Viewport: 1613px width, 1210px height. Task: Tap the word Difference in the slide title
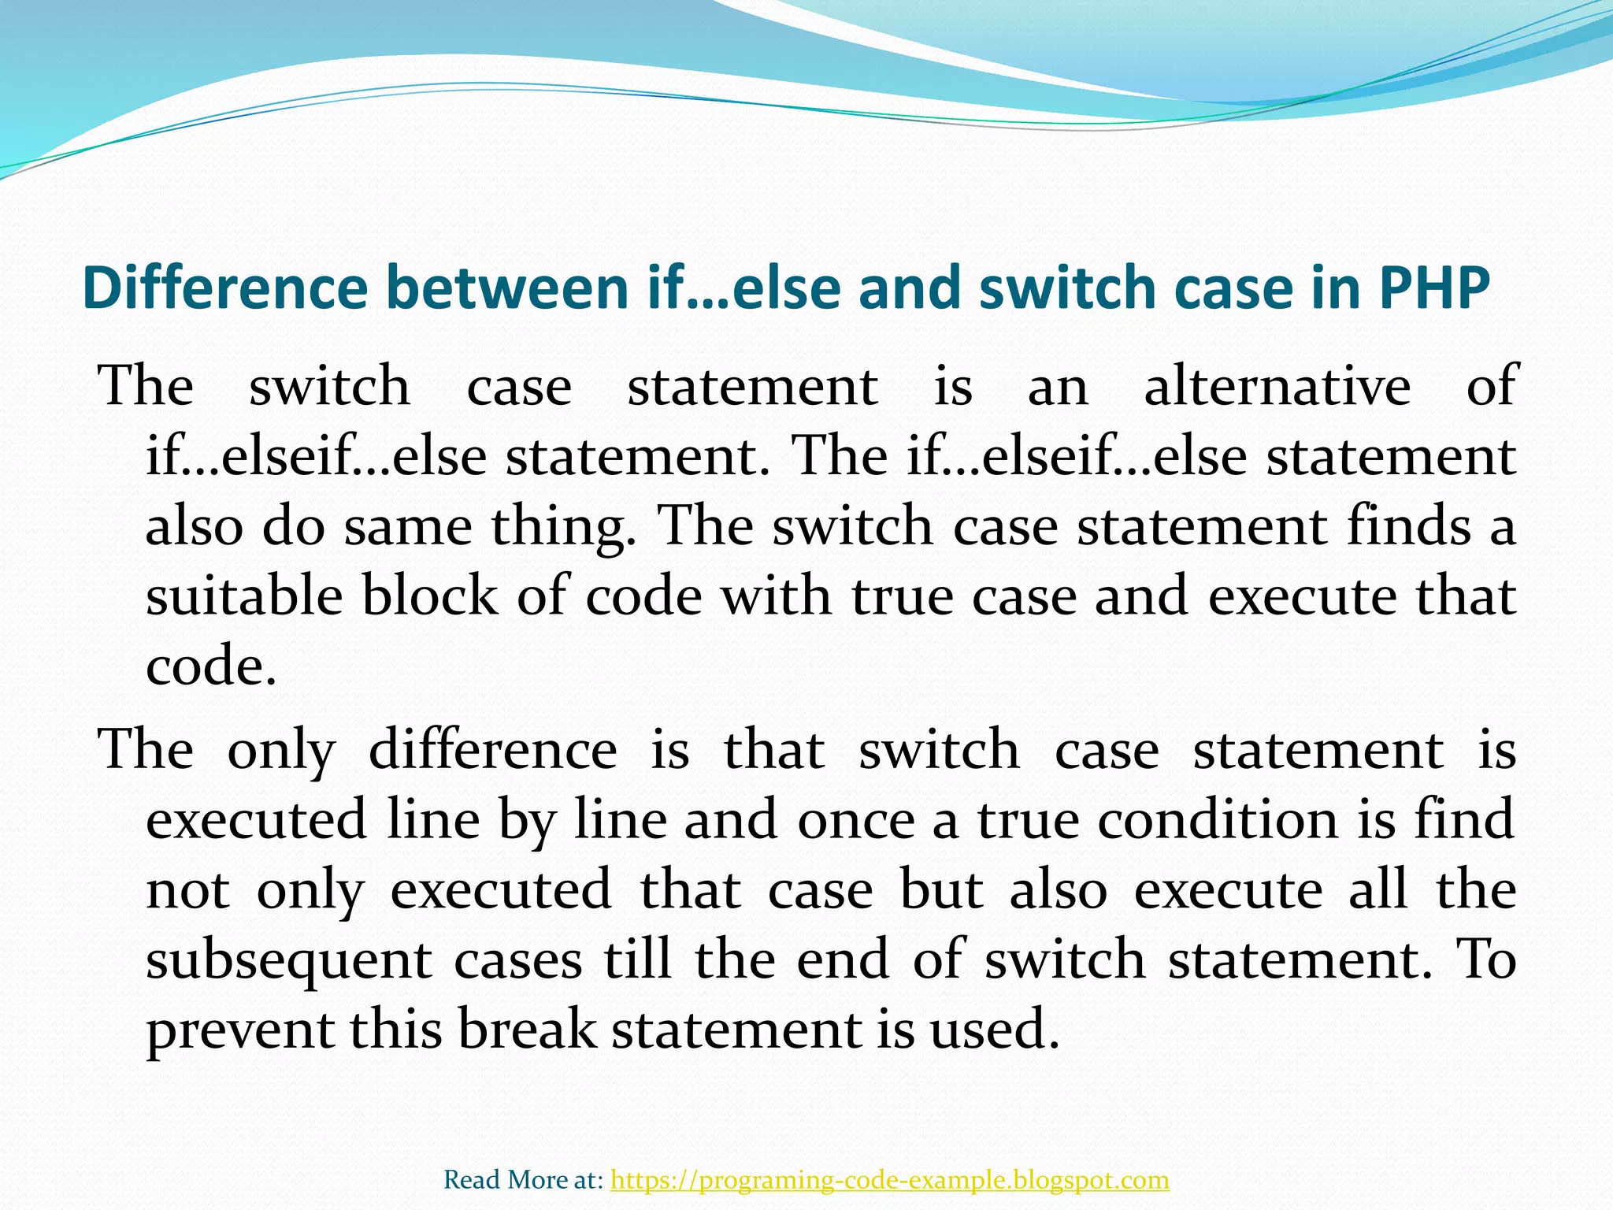pos(224,288)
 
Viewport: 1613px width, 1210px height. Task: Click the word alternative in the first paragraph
pos(1277,387)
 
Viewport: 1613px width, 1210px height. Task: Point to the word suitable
pos(244,596)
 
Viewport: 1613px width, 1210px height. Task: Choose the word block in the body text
pos(429,596)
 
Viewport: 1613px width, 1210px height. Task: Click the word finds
pos(1407,526)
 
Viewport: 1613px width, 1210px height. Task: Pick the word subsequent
pos(288,961)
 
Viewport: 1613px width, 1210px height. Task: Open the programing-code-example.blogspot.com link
pos(890,1179)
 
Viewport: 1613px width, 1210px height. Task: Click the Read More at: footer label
pos(524,1179)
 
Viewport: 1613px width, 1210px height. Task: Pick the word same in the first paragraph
pos(407,526)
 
